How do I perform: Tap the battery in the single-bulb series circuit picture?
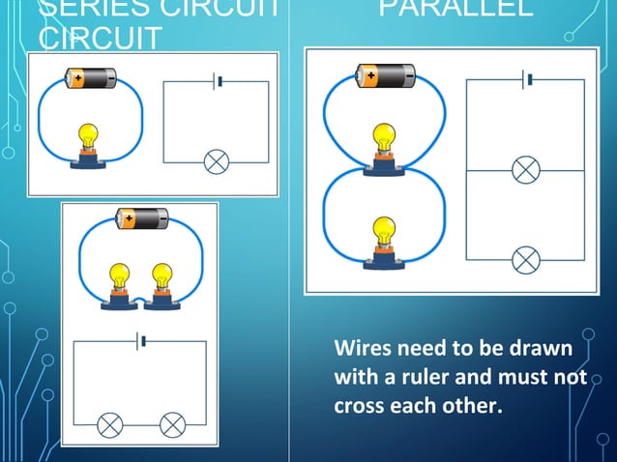tap(90, 76)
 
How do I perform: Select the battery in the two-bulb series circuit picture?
tap(142, 218)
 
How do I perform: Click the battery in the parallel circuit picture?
tap(386, 74)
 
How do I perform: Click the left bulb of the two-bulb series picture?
tap(120, 281)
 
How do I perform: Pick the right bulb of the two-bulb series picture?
tap(161, 281)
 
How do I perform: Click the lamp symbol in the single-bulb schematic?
tap(217, 161)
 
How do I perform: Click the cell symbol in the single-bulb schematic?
tap(218, 81)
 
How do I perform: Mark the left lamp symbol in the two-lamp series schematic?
tap(110, 422)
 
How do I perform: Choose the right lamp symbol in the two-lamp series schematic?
tap(172, 422)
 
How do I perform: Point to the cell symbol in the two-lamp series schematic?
tap(141, 341)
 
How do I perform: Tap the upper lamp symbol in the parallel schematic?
tap(525, 170)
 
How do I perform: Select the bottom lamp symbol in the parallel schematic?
tap(525, 259)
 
